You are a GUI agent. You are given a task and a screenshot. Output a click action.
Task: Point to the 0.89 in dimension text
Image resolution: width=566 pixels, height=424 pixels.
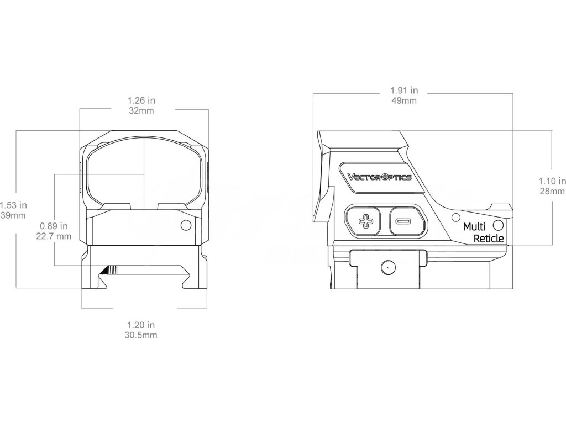[54, 226]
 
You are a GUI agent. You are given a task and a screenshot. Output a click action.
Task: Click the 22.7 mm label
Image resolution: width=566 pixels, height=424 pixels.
[54, 236]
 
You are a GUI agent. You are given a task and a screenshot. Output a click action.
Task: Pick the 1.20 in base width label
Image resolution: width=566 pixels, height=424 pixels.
[140, 325]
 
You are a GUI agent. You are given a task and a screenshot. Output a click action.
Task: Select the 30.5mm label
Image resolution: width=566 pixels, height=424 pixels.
[140, 334]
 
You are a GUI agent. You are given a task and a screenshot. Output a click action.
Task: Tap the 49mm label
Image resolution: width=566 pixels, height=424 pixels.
[404, 100]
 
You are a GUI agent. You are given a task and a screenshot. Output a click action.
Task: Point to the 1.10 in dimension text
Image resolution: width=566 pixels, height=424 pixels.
[552, 181]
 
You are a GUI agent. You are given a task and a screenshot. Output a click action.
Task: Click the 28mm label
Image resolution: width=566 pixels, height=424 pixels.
[552, 191]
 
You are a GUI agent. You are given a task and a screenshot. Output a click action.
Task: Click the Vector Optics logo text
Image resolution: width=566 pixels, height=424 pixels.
[379, 177]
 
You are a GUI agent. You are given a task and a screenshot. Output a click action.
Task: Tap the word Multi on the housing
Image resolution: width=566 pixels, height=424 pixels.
[474, 227]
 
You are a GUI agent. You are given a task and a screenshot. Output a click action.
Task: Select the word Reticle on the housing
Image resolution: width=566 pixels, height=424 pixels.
[489, 239]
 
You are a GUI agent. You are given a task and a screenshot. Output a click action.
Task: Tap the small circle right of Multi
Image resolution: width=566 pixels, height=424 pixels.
[497, 225]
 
